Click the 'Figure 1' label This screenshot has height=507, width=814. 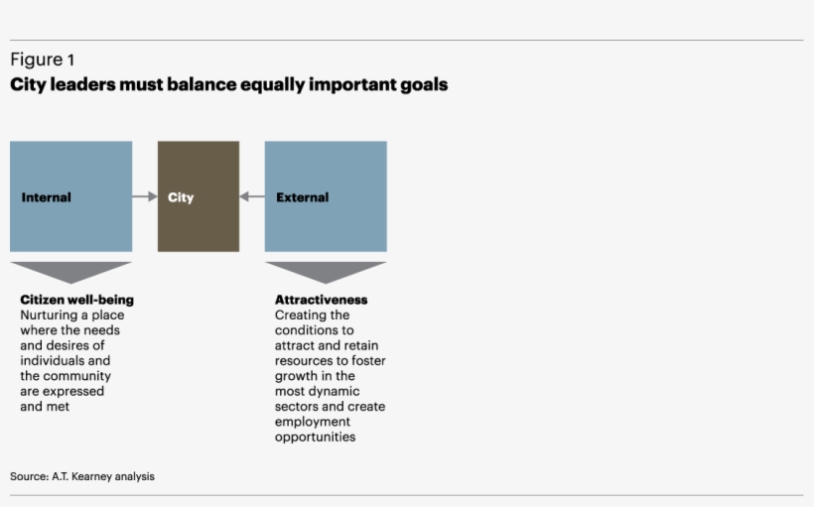pos(42,60)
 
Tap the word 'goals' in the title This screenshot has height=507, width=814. pos(424,85)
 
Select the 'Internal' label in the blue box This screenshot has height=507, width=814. pos(46,197)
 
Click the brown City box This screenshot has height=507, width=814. pos(199,196)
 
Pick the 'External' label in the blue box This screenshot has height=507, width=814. pos(302,197)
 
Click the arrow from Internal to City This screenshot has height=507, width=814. pos(145,196)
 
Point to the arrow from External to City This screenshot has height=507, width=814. pos(252,196)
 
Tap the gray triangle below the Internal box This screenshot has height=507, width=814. pos(70,272)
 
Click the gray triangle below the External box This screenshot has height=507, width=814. pos(326,272)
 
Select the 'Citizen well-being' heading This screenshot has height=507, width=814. pos(76,300)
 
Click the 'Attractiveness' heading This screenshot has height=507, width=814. pos(321,300)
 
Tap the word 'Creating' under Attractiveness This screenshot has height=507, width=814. pos(299,316)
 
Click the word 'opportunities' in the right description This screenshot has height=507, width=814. pos(315,437)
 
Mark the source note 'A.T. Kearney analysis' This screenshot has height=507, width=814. pos(102,476)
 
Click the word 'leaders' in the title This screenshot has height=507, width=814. pos(80,85)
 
